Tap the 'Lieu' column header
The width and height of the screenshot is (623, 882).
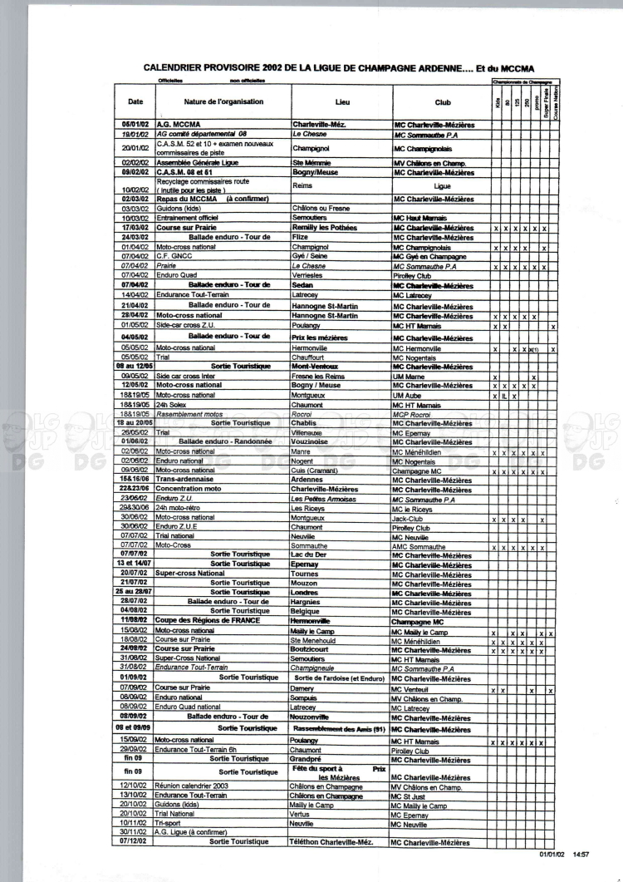[x=341, y=103]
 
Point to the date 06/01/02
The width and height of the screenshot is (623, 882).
[x=135, y=125]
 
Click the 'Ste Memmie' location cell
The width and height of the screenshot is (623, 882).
[x=313, y=163]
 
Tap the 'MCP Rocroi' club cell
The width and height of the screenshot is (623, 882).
[x=415, y=414]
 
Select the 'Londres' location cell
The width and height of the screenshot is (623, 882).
[x=309, y=594]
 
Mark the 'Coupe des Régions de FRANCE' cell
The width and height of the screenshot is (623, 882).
[x=208, y=621]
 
